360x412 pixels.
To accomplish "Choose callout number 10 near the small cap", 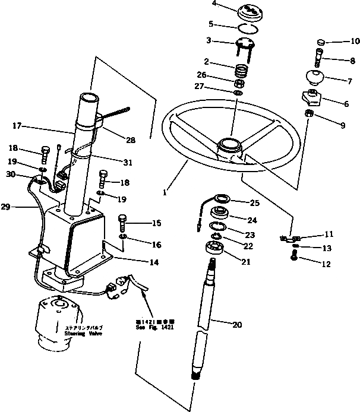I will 339,42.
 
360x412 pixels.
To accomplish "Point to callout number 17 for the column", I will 17,125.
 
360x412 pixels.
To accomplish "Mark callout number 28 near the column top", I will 131,141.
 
